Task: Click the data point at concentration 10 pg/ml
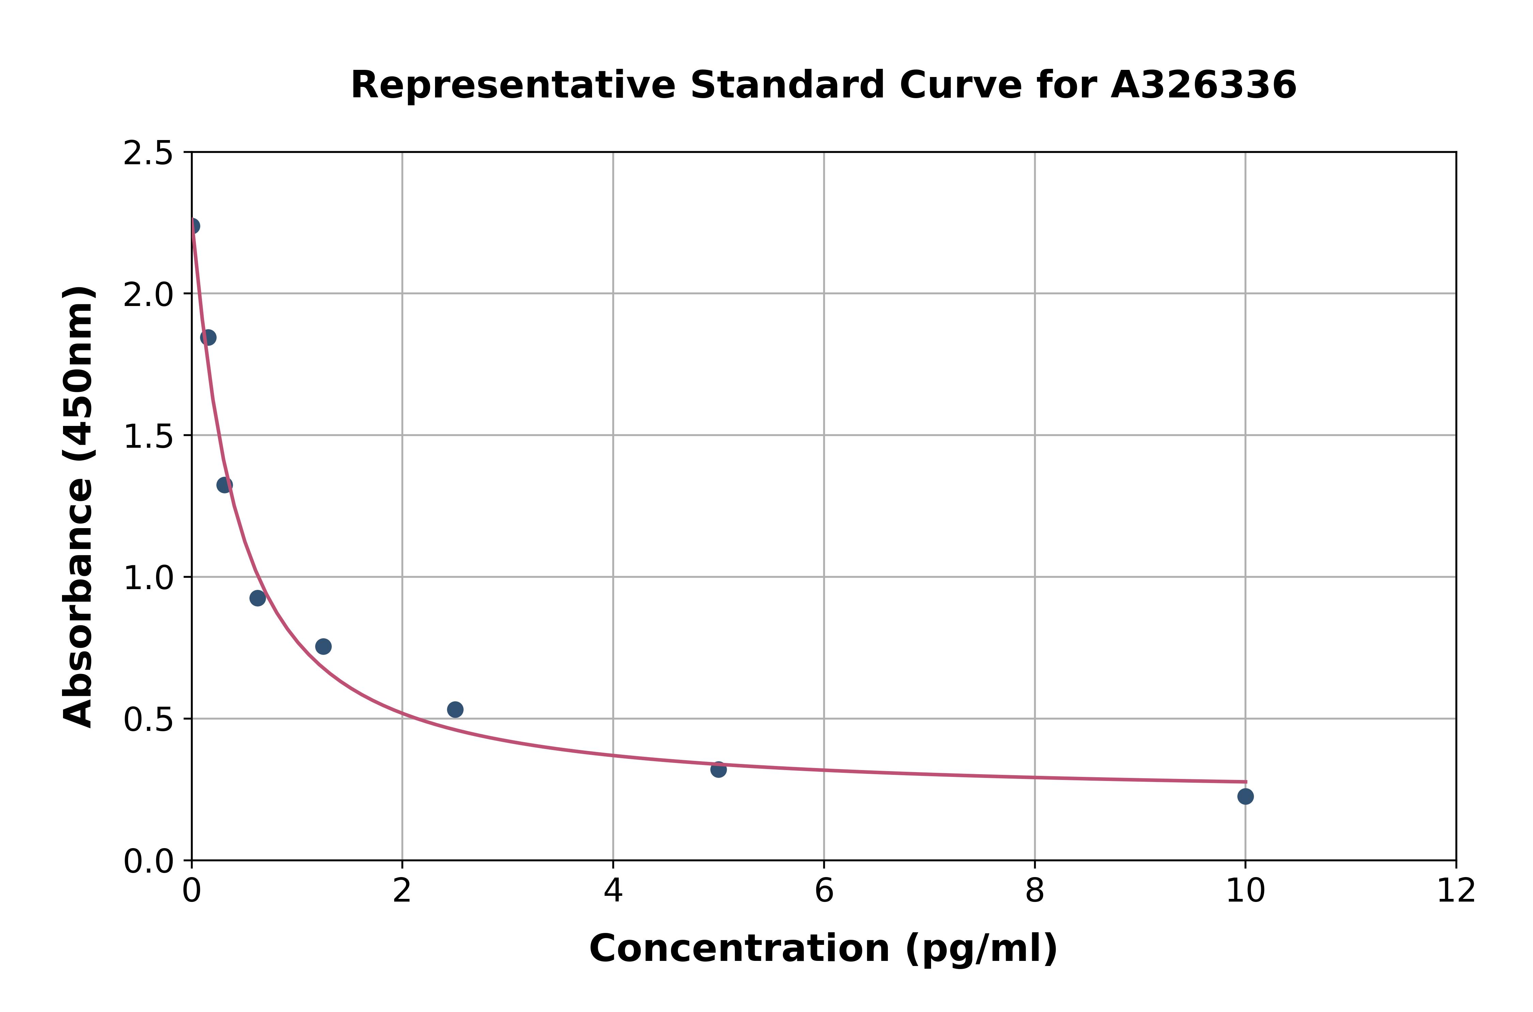1245,796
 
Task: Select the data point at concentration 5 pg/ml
718,769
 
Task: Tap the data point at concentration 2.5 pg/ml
455,709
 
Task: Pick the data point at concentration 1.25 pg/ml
323,646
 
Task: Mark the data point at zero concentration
192,226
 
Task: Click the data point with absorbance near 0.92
258,598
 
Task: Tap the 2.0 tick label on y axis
149,295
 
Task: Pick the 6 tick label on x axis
824,891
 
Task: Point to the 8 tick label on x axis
1034,891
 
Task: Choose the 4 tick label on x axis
613,891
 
